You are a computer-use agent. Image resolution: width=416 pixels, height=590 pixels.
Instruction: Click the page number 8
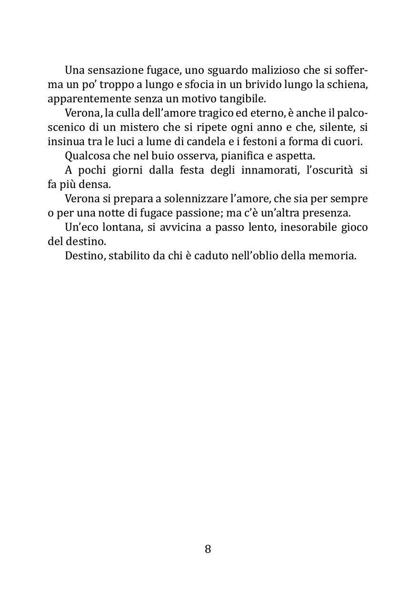pos(208,549)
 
